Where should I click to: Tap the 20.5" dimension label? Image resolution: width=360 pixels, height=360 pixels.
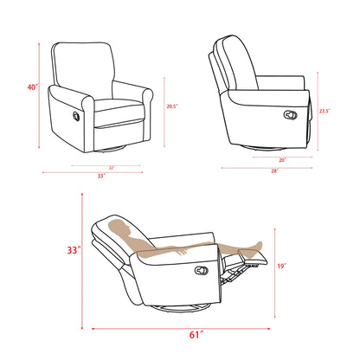pos(172,106)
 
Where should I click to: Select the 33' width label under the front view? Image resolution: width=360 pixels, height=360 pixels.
pos(101,176)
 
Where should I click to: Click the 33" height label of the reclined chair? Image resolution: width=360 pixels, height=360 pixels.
pos(75,250)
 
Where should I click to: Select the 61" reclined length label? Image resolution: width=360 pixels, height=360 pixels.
pos(196,332)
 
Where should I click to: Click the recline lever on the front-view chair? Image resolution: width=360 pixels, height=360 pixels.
pos(74,115)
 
